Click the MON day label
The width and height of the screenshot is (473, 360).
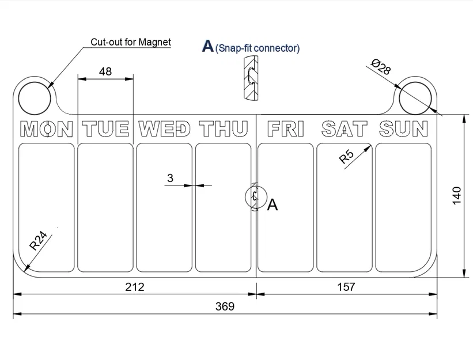pyautogui.click(x=47, y=129)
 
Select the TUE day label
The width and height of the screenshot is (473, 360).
pyautogui.click(x=105, y=129)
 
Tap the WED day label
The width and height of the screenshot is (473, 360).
pyautogui.click(x=164, y=129)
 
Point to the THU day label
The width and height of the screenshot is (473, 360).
pyautogui.click(x=224, y=129)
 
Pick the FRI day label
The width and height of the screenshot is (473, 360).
pyautogui.click(x=286, y=129)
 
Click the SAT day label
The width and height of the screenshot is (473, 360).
pyautogui.click(x=345, y=129)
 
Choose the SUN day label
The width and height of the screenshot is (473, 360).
pyautogui.click(x=404, y=129)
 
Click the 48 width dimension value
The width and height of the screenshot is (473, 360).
pyautogui.click(x=105, y=71)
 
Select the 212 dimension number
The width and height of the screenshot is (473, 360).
pyautogui.click(x=135, y=287)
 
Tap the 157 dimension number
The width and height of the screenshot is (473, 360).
pyautogui.click(x=346, y=287)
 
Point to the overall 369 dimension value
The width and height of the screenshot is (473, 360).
pyautogui.click(x=225, y=306)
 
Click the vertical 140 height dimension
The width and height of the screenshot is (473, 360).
pyautogui.click(x=457, y=196)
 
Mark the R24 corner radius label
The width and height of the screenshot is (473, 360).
pyautogui.click(x=38, y=241)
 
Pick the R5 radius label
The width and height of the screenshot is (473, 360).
pyautogui.click(x=346, y=157)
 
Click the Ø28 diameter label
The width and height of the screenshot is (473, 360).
pyautogui.click(x=381, y=67)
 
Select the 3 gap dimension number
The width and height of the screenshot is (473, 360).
pyautogui.click(x=170, y=178)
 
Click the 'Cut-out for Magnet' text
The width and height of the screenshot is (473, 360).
pyautogui.click(x=131, y=42)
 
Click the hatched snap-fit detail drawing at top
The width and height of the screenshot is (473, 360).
pyautogui.click(x=251, y=78)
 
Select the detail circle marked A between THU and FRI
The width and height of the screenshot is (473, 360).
pyautogui.click(x=256, y=197)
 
